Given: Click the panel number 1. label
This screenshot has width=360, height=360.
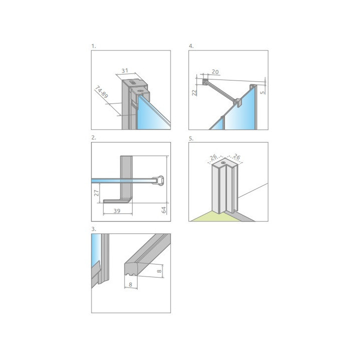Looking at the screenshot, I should click(93, 46).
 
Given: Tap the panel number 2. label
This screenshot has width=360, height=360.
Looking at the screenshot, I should click(93, 137).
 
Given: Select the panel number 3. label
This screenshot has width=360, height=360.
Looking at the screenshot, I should click(93, 229).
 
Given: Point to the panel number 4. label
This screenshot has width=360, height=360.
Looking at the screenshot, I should click(191, 46).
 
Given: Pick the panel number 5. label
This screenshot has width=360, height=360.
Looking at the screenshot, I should click(191, 137).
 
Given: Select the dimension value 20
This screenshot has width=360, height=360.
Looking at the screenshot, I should click(215, 72).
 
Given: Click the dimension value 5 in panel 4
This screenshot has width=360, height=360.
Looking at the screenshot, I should click(263, 91).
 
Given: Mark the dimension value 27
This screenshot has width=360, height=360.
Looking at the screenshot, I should click(97, 190).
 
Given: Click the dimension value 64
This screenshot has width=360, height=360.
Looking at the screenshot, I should click(163, 209).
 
